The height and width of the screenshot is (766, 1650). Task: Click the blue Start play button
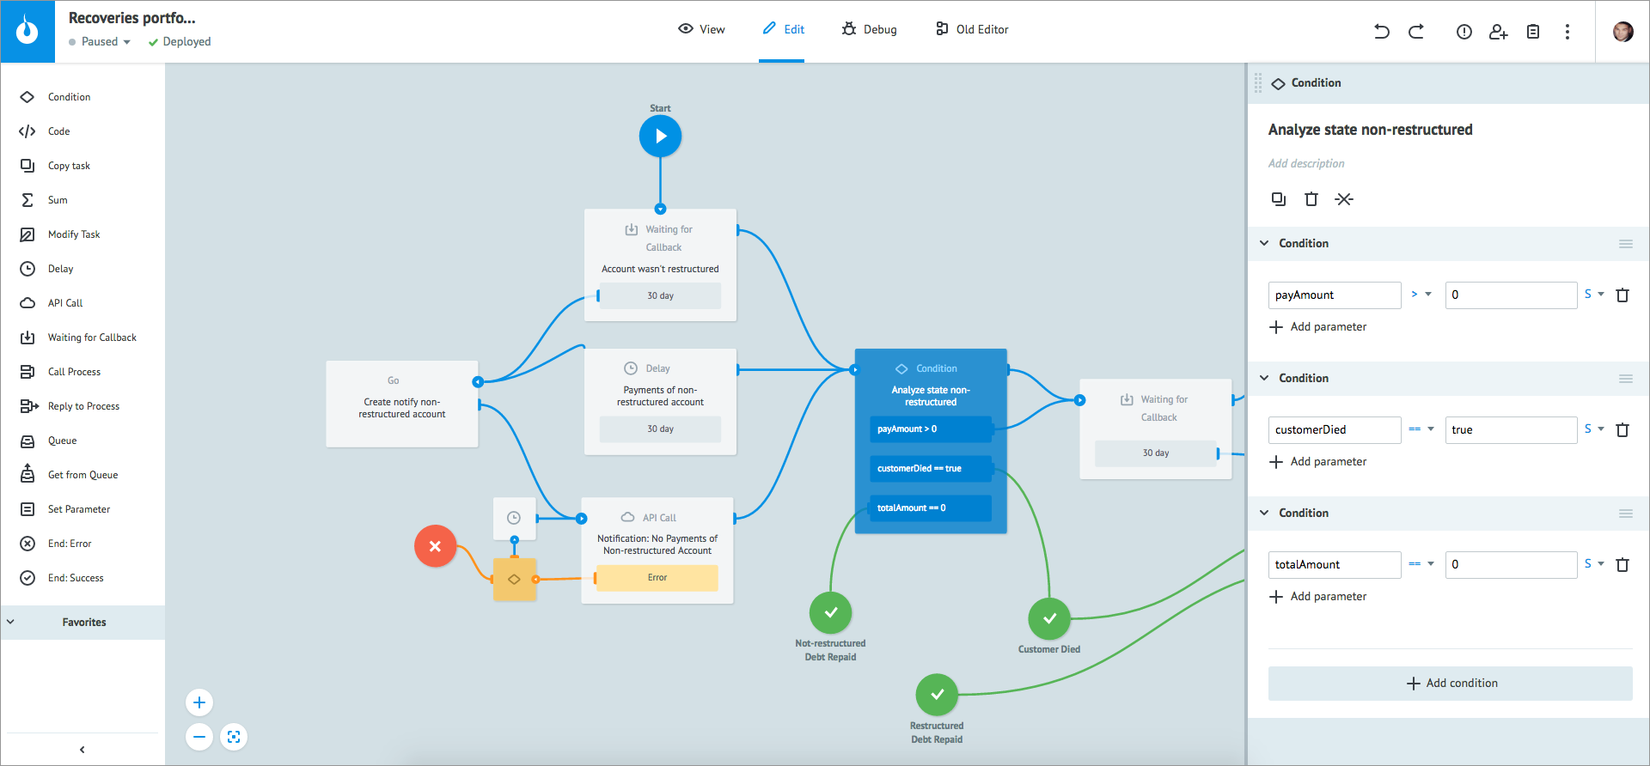660,137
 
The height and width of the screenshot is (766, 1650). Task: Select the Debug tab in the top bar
870,29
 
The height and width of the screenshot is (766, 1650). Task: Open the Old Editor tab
972,29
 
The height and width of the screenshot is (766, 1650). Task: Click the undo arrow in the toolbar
1382,32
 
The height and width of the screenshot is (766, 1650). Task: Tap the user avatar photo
1622,32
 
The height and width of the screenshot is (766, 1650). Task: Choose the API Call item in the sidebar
65,303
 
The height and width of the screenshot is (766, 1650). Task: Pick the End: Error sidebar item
69,544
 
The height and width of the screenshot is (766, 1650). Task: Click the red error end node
435,546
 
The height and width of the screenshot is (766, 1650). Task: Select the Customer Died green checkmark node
1049,618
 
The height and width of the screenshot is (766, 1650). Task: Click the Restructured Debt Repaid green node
937,695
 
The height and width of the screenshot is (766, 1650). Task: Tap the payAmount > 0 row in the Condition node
930,429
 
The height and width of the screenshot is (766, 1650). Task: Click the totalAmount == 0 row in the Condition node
930,508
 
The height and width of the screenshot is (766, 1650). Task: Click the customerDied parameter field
1334,430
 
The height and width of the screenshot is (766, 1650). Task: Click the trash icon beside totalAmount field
1622,565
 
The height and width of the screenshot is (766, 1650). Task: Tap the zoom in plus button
199,703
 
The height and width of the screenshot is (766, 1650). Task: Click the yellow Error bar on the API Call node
657,578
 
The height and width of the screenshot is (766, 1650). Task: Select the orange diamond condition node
514,580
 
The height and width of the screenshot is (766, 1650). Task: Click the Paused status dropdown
101,42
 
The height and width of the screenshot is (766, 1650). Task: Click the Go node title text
394,380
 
